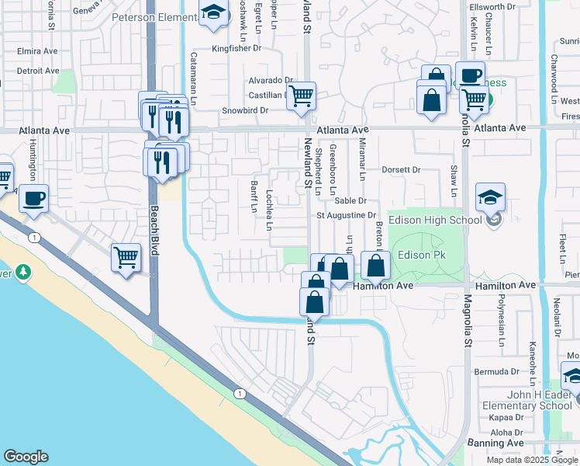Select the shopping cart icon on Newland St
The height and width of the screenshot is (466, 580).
tap(300, 97)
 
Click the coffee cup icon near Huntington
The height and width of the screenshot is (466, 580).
tap(33, 198)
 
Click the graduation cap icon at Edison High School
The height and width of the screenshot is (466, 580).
tap(490, 197)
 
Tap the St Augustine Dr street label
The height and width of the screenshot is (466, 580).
tap(346, 215)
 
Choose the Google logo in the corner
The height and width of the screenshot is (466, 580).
tap(26, 457)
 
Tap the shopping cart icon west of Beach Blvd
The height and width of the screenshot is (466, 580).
tap(126, 258)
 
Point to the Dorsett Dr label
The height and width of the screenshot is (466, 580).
tap(400, 169)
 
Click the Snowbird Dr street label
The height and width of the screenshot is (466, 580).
tap(245, 110)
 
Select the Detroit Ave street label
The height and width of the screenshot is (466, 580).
tap(39, 71)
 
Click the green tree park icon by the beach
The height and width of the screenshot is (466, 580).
tap(23, 272)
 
